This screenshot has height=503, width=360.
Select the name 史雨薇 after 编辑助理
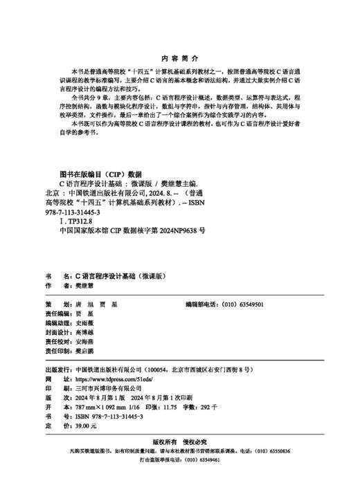(85, 323)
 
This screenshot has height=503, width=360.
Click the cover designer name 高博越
(85, 333)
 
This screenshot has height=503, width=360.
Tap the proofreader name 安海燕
(85, 342)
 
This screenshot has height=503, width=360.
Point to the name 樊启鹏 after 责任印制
(85, 351)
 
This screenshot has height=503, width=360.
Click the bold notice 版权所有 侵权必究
(179, 441)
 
